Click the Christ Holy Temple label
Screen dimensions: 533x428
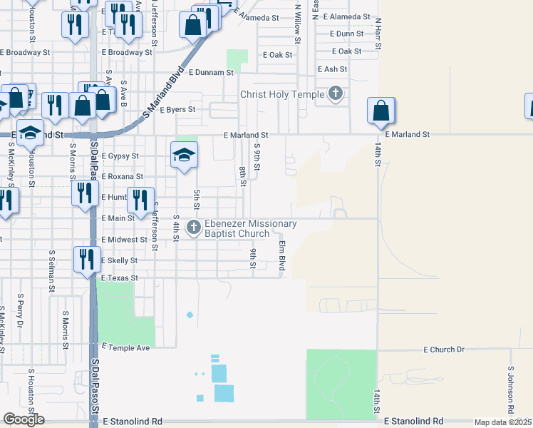[x=282, y=94]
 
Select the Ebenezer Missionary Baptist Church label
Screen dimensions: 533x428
[x=251, y=228]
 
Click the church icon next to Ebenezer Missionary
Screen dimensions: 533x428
[x=193, y=228]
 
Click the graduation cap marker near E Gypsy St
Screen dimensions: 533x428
[x=184, y=156]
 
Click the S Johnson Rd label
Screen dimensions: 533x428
[x=511, y=391]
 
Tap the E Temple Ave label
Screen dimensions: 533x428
[x=126, y=347]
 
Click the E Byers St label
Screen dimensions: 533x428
[x=177, y=111]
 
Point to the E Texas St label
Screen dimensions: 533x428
[x=119, y=277]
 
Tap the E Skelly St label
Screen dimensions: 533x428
[x=120, y=261]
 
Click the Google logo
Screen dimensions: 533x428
[x=24, y=419]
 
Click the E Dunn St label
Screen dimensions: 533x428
[x=346, y=34]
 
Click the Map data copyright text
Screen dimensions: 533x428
[x=502, y=422]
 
